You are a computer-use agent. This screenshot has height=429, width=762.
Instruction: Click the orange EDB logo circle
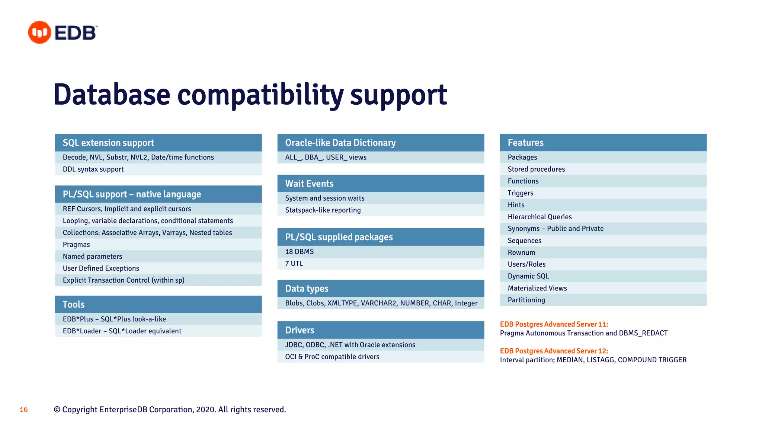pos(39,32)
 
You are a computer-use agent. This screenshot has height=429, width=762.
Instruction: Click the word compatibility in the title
pos(260,95)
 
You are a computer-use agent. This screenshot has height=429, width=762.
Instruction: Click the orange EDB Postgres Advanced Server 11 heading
pos(554,324)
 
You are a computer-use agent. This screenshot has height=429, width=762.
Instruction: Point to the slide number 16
pos(24,410)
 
